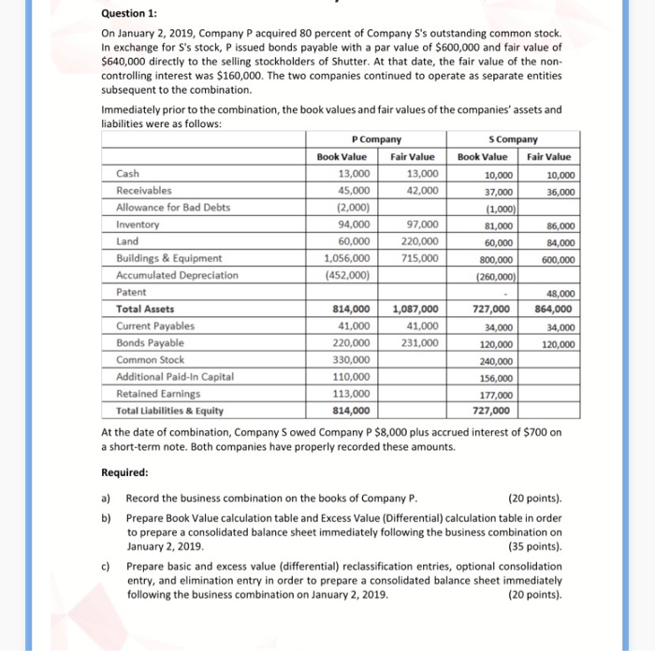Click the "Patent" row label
pos(131,292)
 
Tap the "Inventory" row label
pos(136,224)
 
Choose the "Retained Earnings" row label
pos(151,393)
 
